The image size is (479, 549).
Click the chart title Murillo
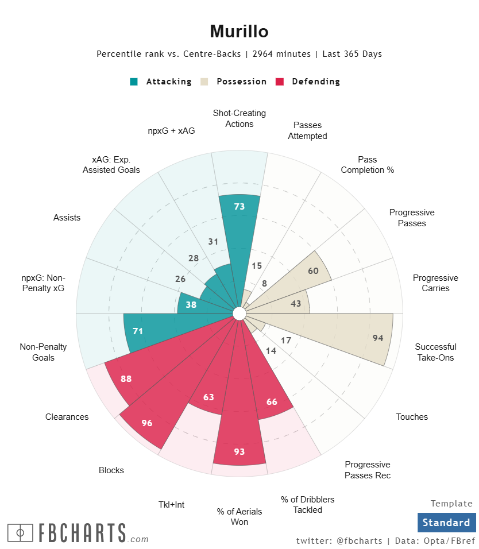(x=239, y=31)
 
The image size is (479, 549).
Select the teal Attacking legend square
(x=134, y=82)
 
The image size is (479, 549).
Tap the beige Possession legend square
(x=204, y=82)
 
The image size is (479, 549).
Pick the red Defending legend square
(x=280, y=82)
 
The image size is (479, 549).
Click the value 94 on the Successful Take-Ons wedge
(x=377, y=338)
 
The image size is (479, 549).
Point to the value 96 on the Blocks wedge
(x=147, y=423)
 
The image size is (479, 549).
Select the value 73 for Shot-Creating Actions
(x=239, y=207)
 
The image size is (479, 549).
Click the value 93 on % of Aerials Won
(x=239, y=452)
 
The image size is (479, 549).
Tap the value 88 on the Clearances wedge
(x=126, y=379)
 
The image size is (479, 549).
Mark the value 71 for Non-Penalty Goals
(x=137, y=331)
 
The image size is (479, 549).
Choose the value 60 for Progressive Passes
(x=313, y=271)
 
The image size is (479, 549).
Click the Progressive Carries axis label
(x=435, y=283)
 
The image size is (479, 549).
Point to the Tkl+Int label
(x=171, y=505)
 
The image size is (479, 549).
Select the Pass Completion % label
(x=367, y=165)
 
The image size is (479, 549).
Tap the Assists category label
(x=67, y=218)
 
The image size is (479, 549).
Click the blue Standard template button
(x=446, y=523)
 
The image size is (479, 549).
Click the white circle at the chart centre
(x=239, y=313)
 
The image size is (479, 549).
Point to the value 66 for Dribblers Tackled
(x=272, y=402)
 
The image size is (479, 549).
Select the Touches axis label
(x=412, y=417)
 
